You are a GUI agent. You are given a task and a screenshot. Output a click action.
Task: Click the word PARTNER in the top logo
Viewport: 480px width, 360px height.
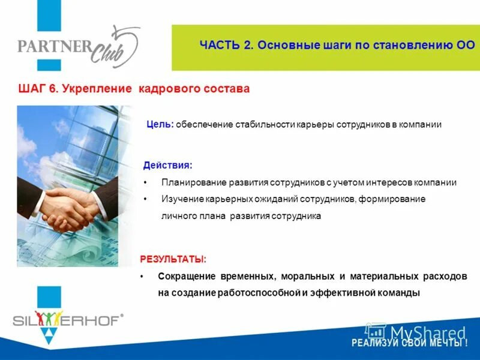click(53, 46)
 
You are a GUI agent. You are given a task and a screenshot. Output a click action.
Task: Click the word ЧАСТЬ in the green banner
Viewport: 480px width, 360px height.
click(220, 46)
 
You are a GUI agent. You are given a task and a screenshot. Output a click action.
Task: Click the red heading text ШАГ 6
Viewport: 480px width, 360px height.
click(38, 89)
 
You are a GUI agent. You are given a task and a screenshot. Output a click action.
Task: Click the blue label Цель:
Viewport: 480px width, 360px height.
click(160, 125)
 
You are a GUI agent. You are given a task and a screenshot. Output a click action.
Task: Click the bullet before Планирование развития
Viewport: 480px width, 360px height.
click(146, 182)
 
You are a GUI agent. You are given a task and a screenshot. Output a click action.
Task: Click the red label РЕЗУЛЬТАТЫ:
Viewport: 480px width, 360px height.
click(173, 259)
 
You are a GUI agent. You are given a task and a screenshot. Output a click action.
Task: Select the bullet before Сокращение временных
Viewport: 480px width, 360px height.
click(141, 277)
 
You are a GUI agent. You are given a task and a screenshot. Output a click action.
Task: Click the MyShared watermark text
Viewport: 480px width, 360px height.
click(427, 332)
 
